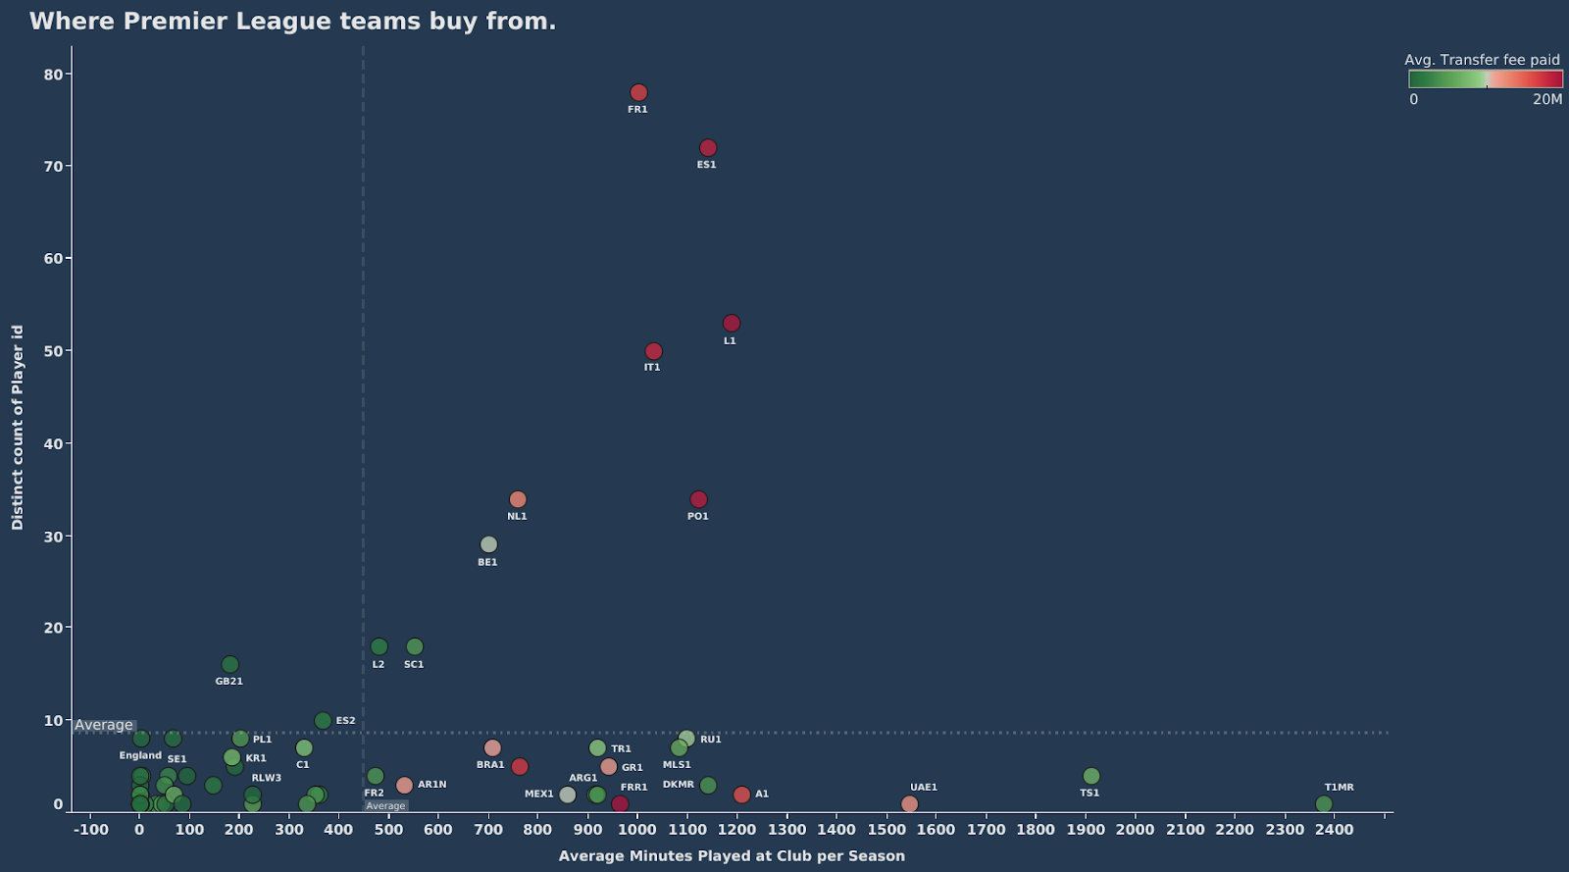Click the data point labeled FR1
[x=638, y=93]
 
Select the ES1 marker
[x=708, y=148]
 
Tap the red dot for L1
[x=732, y=324]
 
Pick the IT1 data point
[x=654, y=351]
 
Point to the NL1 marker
[x=518, y=500]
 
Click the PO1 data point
[x=698, y=500]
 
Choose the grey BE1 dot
[x=488, y=544]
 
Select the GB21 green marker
[x=230, y=665]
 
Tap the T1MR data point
[x=1324, y=804]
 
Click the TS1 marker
[x=1091, y=777]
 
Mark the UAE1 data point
[x=909, y=804]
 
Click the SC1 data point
[x=415, y=647]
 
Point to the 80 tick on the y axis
[x=53, y=75]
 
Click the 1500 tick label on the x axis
[x=886, y=830]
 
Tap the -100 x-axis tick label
[x=91, y=830]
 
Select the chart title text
[x=292, y=22]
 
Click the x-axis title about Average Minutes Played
[x=732, y=856]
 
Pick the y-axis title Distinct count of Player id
[x=18, y=428]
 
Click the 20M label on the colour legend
[x=1547, y=99]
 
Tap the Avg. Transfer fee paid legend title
[x=1482, y=60]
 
